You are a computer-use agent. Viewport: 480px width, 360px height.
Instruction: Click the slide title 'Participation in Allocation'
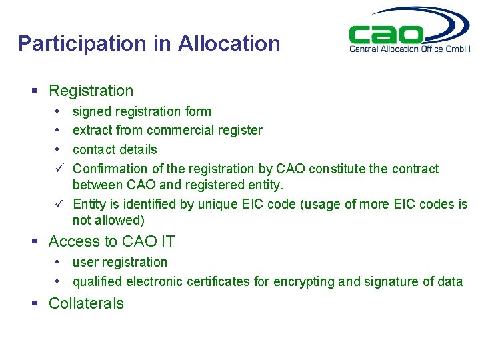point(149,44)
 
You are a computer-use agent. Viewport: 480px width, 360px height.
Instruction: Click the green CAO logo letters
point(387,35)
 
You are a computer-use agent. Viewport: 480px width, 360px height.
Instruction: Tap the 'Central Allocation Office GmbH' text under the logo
point(410,49)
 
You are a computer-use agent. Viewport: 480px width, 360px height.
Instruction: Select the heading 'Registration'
point(91,91)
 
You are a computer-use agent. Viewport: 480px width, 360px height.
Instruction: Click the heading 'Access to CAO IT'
point(112,241)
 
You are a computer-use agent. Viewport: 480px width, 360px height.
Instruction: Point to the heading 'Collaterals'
point(86,303)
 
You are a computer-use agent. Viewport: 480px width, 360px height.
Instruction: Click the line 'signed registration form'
point(141,111)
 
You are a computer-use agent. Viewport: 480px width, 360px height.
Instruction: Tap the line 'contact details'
point(115,149)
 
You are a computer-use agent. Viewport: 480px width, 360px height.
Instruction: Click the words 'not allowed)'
point(108,220)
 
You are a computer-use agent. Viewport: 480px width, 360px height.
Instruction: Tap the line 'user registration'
point(120,262)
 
